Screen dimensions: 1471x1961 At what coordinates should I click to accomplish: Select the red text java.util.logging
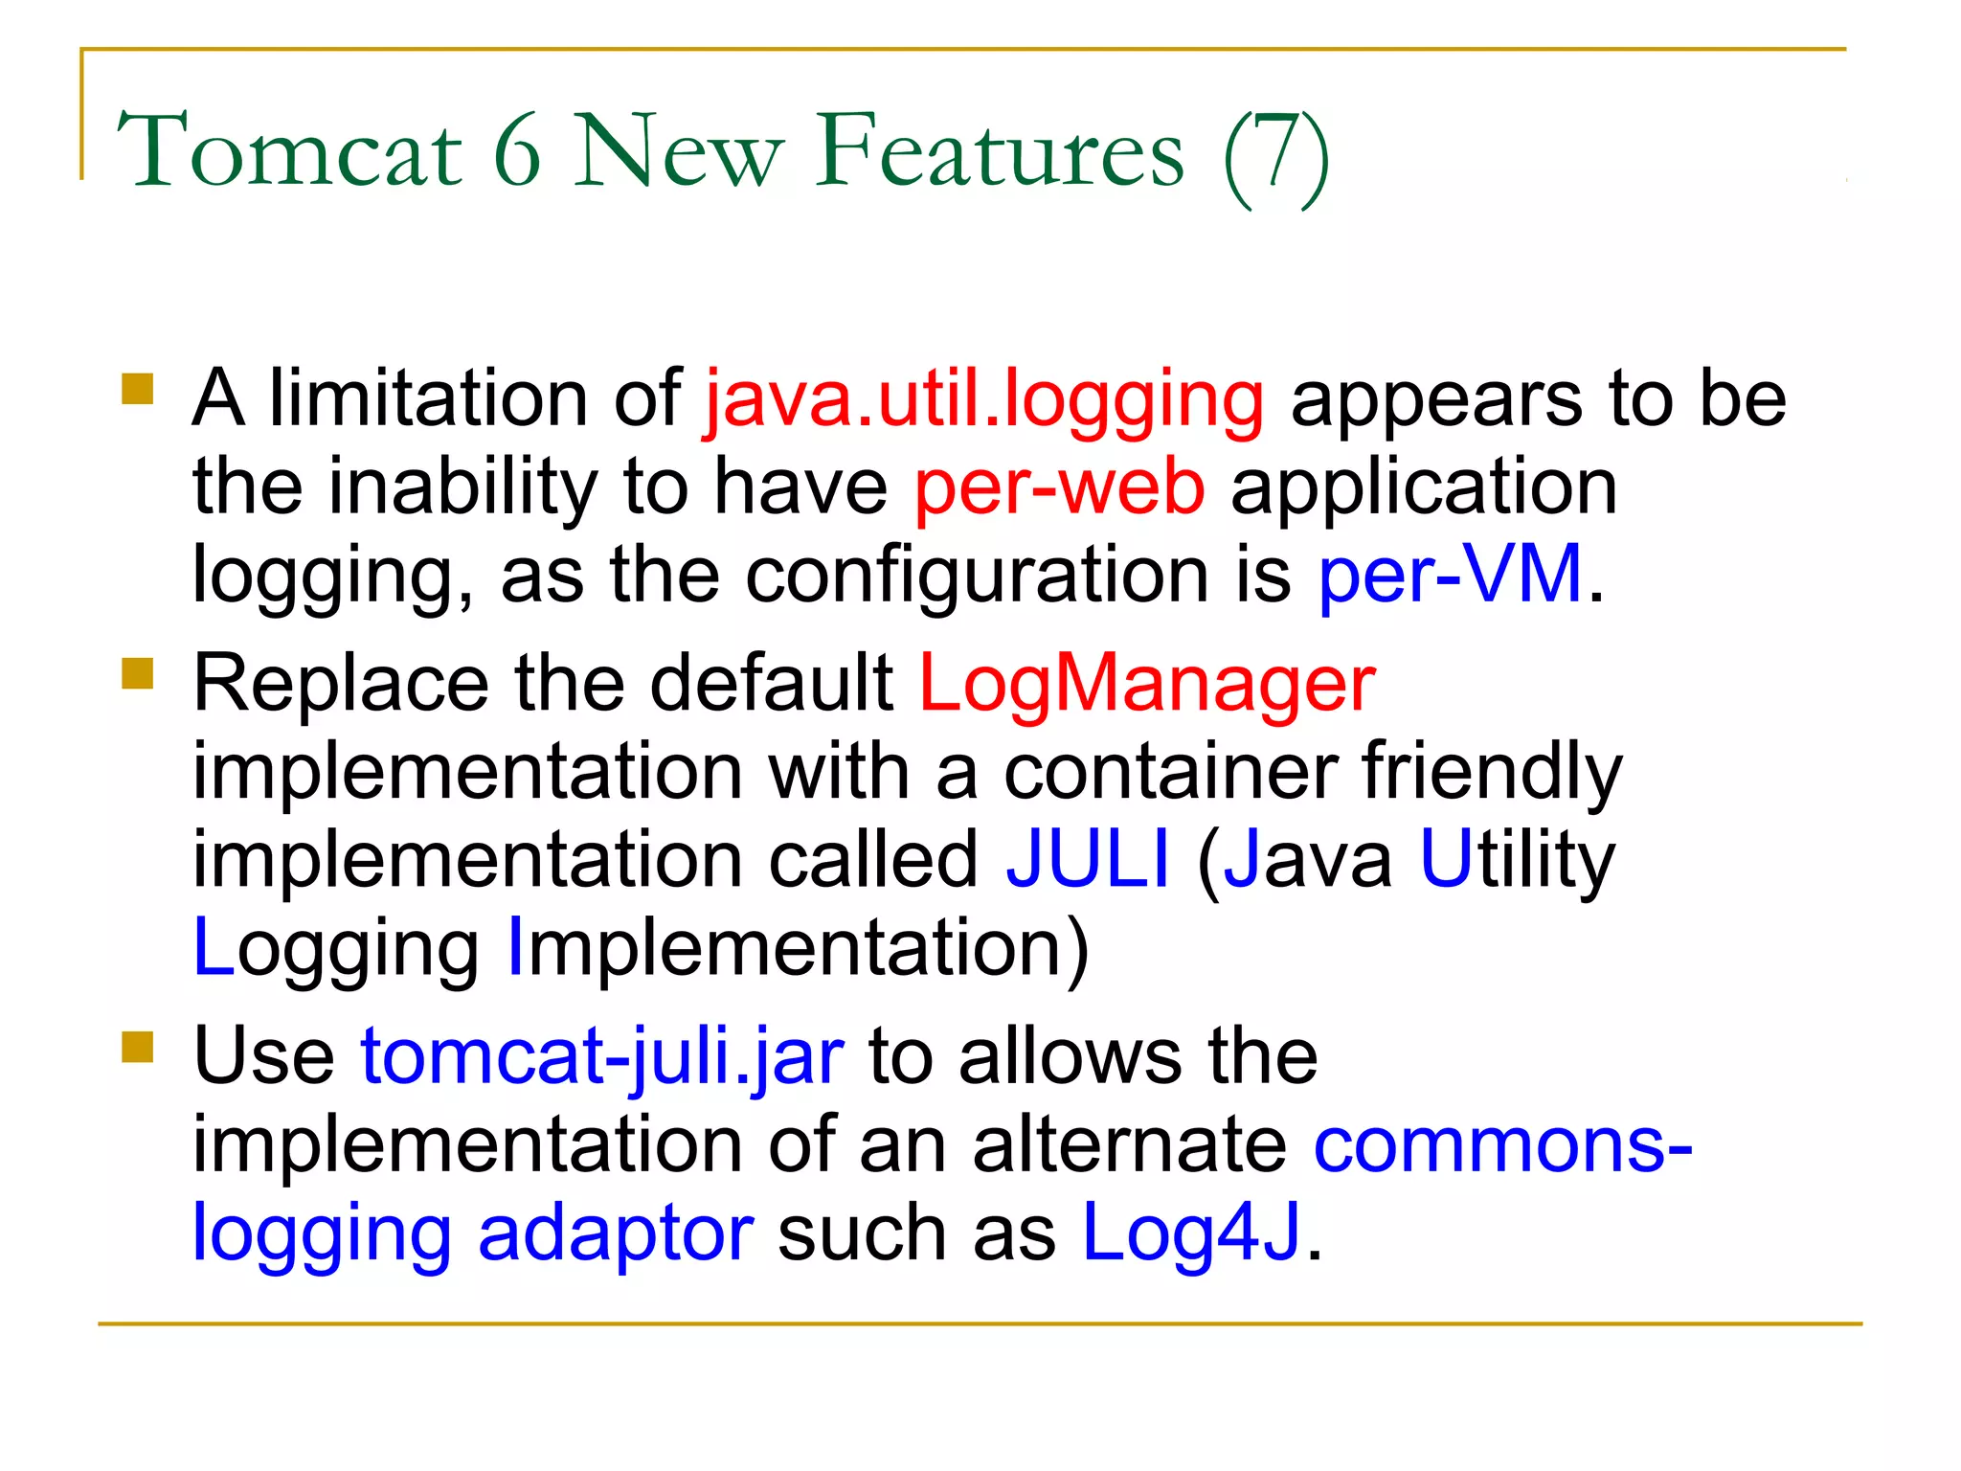point(984,400)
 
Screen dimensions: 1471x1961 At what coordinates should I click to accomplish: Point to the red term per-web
point(1059,488)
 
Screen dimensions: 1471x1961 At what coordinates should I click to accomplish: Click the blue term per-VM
point(1450,575)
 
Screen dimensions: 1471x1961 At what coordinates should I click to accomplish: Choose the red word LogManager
point(1146,684)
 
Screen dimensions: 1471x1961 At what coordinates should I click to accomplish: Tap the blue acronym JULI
point(1088,858)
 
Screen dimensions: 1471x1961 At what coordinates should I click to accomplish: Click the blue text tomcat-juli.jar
point(601,1057)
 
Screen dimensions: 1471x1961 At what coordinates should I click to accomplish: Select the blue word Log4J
point(1191,1233)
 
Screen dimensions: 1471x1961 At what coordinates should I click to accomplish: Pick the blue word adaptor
point(616,1235)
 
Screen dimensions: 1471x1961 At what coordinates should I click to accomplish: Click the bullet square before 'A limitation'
point(138,390)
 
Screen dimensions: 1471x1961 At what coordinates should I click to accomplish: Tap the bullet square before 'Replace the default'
point(138,673)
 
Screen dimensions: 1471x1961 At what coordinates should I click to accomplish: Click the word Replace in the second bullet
point(342,684)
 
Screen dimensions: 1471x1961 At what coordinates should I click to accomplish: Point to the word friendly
point(1491,772)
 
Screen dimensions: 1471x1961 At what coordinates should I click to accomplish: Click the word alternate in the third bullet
point(1129,1145)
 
